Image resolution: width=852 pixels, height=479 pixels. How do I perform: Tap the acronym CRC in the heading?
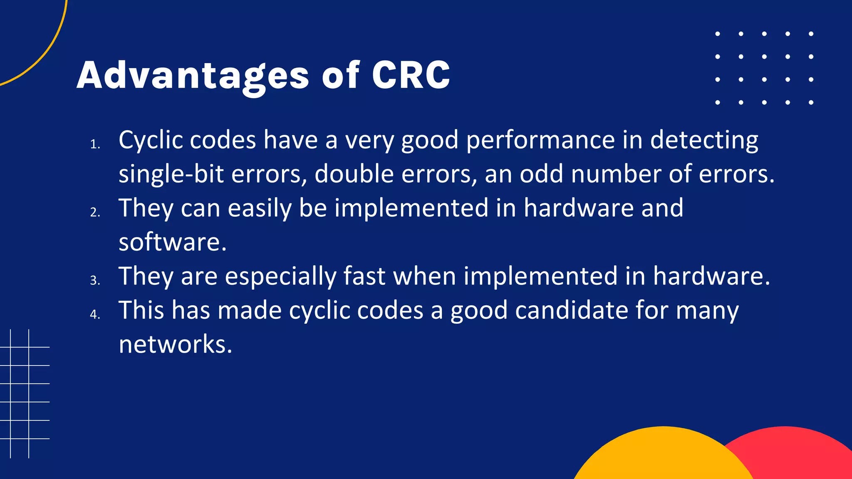point(411,75)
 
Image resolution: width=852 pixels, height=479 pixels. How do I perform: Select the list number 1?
point(95,145)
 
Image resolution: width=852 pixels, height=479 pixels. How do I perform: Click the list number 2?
point(95,213)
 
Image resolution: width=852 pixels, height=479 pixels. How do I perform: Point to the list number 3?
point(95,281)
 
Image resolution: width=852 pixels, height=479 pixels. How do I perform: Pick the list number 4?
point(95,315)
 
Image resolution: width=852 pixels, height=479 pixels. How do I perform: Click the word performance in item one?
point(540,141)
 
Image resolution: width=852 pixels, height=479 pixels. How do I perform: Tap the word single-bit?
point(171,174)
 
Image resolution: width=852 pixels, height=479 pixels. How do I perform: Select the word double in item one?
point(354,174)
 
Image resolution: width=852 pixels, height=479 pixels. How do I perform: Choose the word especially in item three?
point(280,277)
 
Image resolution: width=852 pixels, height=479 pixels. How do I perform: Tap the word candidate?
point(571,310)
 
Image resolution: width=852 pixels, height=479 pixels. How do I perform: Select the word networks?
point(175,344)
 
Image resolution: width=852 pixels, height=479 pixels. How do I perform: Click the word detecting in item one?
point(704,141)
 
